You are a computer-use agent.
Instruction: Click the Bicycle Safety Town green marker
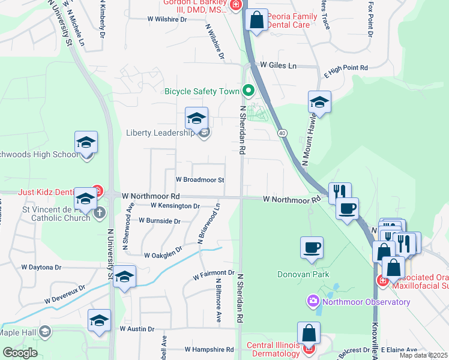click(249, 91)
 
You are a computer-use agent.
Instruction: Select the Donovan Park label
click(304, 275)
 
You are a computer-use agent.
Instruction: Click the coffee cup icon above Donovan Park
click(312, 247)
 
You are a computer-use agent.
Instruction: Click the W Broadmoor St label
click(200, 180)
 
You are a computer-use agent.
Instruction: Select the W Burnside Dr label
click(159, 221)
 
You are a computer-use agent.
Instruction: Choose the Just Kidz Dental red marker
click(97, 191)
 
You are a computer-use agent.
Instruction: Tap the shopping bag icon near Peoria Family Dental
click(257, 20)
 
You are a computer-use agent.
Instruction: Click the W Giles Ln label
click(278, 65)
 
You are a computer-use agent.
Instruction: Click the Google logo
click(20, 352)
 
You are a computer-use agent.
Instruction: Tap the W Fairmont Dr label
click(213, 275)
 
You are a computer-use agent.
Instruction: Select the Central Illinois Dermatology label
click(273, 349)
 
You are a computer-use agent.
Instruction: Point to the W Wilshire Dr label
click(167, 19)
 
